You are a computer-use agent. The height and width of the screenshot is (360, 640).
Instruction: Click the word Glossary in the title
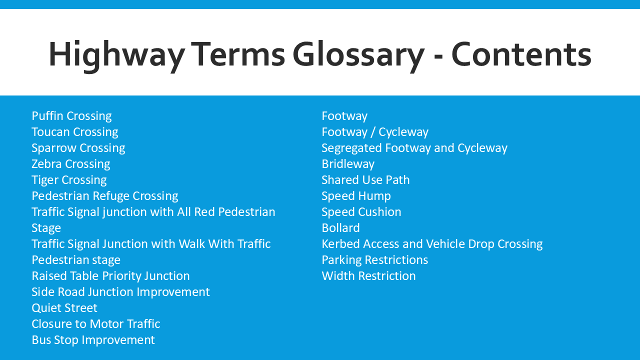[358, 56]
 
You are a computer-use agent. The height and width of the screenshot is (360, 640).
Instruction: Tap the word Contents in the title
[521, 54]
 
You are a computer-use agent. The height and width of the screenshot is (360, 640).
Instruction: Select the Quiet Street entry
[64, 308]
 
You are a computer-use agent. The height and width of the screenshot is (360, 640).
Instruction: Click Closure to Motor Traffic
[95, 324]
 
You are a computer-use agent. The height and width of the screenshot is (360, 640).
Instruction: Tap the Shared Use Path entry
[365, 180]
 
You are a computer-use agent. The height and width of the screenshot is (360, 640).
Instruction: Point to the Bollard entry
[340, 228]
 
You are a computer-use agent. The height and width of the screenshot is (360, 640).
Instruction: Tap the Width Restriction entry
[368, 276]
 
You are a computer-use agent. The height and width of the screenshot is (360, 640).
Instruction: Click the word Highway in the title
[116, 56]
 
